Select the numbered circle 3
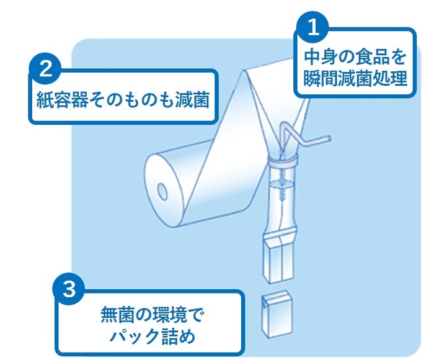tap(71, 289)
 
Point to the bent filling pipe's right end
tap(329, 138)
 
